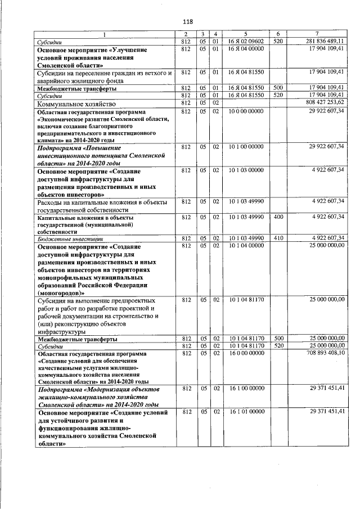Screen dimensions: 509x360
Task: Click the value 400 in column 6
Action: [278, 216]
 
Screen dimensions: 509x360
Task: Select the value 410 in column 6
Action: [278, 238]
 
